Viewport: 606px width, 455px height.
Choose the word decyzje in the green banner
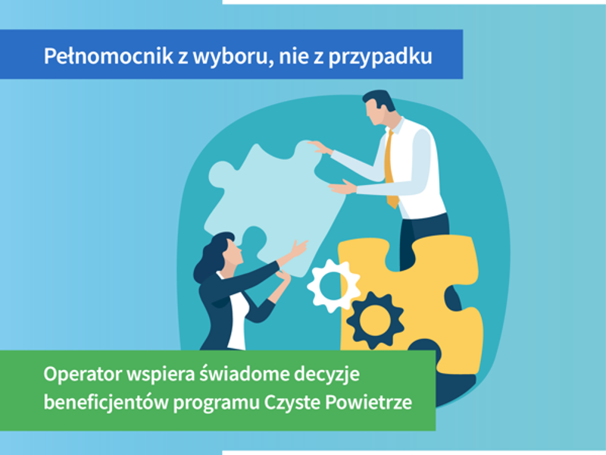click(327, 374)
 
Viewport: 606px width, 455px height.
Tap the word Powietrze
click(368, 403)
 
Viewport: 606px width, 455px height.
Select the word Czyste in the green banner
click(292, 403)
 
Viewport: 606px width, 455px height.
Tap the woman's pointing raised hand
click(298, 248)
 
